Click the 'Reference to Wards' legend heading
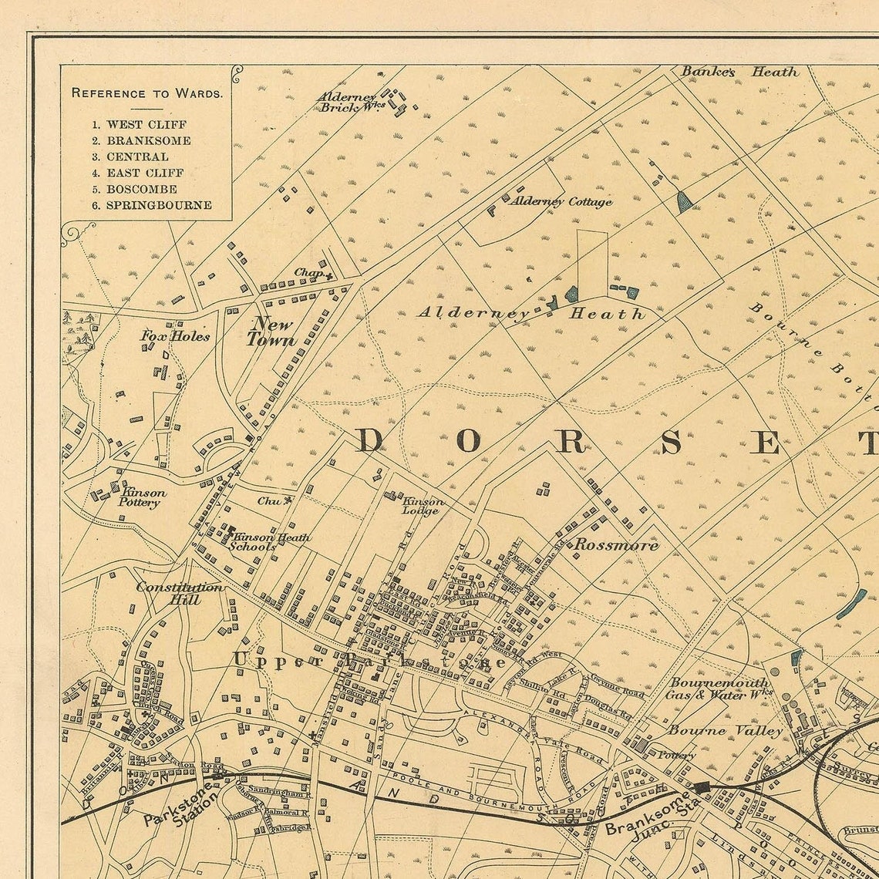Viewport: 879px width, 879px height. point(146,93)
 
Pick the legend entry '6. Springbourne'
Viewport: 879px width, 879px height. point(151,205)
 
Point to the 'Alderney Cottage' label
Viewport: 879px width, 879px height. point(561,201)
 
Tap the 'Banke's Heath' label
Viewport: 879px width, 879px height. point(739,72)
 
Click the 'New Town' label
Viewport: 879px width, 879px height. point(271,332)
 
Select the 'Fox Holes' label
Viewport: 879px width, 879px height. point(175,335)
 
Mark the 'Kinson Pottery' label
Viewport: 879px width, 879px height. point(141,497)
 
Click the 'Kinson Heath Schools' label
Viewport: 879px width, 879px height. point(270,541)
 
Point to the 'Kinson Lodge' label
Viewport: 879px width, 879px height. point(423,506)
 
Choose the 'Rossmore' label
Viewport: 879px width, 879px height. point(616,545)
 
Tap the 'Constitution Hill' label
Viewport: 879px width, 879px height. point(180,593)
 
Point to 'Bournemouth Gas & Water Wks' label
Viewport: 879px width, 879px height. point(719,689)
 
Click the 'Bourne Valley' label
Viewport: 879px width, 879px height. point(725,730)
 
